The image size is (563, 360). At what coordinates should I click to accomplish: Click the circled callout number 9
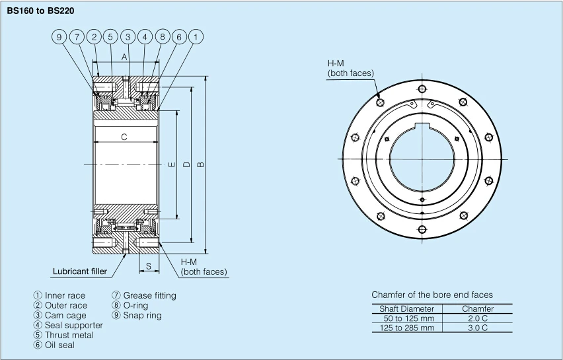59,37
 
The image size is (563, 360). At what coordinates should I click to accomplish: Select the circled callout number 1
196,37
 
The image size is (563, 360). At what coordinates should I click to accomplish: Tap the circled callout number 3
128,37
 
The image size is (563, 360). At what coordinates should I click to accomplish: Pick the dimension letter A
124,57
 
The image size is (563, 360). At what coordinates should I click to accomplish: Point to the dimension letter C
124,137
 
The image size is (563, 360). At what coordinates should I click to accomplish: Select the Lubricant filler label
80,271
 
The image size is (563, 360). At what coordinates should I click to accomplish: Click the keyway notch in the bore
422,126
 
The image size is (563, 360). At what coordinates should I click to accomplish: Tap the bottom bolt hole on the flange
422,229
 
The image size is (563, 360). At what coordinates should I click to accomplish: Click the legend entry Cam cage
65,315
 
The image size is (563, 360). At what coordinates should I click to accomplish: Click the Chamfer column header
478,308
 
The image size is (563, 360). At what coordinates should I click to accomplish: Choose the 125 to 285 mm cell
406,328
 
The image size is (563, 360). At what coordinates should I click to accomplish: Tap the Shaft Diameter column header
406,308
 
